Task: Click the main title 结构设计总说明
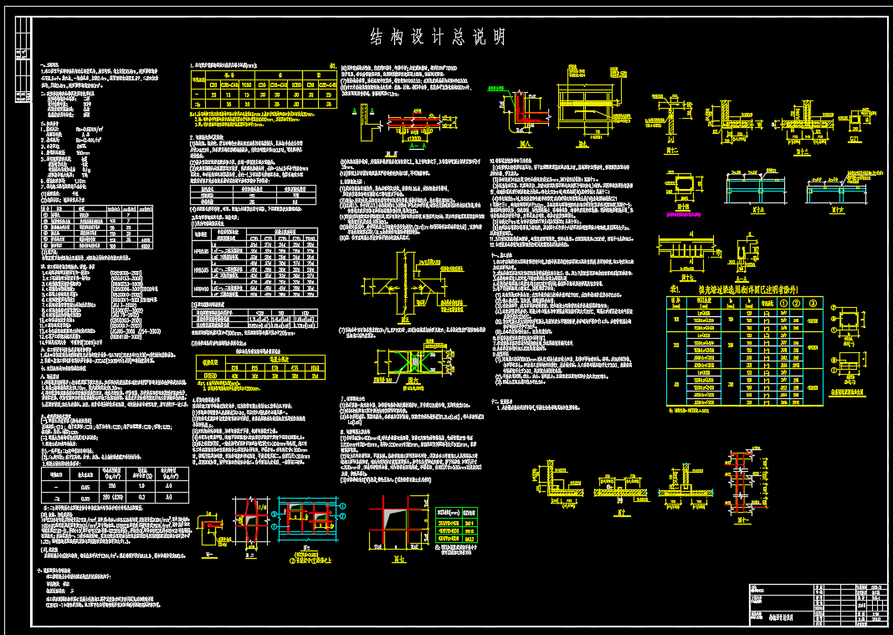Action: (x=439, y=37)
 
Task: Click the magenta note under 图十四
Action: (x=684, y=215)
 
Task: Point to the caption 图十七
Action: (x=690, y=276)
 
